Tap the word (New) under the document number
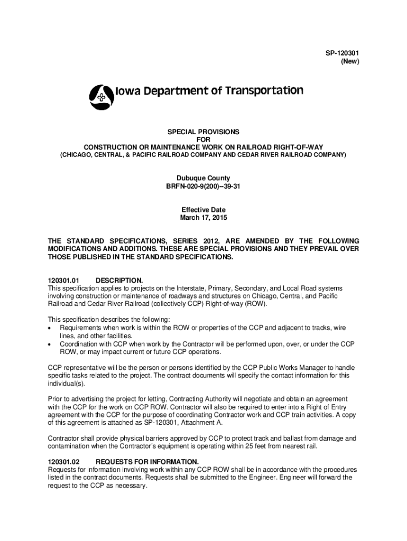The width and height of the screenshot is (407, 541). [x=350, y=62]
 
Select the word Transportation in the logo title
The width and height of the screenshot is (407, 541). [x=264, y=91]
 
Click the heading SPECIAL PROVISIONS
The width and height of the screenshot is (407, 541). [x=203, y=132]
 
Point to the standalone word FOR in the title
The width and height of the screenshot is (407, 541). [x=203, y=139]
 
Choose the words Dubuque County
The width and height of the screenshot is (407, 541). [x=203, y=179]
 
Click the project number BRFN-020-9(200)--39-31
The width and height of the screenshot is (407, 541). [x=203, y=187]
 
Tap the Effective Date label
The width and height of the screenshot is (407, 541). [x=203, y=210]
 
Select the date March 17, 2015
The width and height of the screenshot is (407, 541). [x=203, y=218]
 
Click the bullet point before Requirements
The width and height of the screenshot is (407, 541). [x=50, y=328]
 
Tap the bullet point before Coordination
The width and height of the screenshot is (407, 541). [x=50, y=344]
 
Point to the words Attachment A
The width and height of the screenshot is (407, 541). [x=203, y=423]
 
